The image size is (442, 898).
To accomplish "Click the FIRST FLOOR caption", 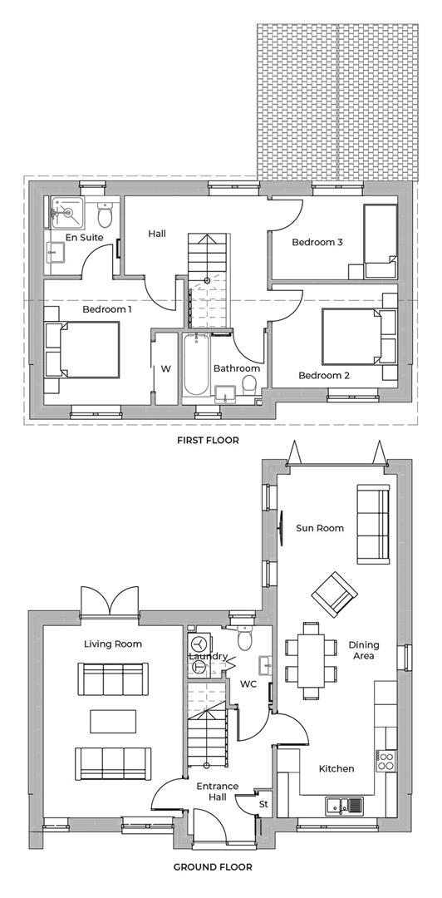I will point(208,441).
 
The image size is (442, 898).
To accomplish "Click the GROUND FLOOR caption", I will point(213,866).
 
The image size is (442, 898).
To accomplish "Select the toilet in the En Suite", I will point(105,216).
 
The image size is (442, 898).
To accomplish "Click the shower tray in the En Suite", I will point(66,212).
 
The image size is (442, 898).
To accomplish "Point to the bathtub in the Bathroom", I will point(195,364).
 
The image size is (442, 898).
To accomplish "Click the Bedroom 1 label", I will point(107,309).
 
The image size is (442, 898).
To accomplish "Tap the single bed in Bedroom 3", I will point(380,236).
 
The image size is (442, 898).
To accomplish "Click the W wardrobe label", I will point(165,368).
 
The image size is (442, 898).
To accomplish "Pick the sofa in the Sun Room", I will point(371,523).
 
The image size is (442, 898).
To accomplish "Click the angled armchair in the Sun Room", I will point(331,595).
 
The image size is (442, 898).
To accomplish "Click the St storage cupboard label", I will point(264,805).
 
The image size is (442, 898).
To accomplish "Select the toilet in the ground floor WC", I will point(243,638).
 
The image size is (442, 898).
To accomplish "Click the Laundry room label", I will point(208,656).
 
